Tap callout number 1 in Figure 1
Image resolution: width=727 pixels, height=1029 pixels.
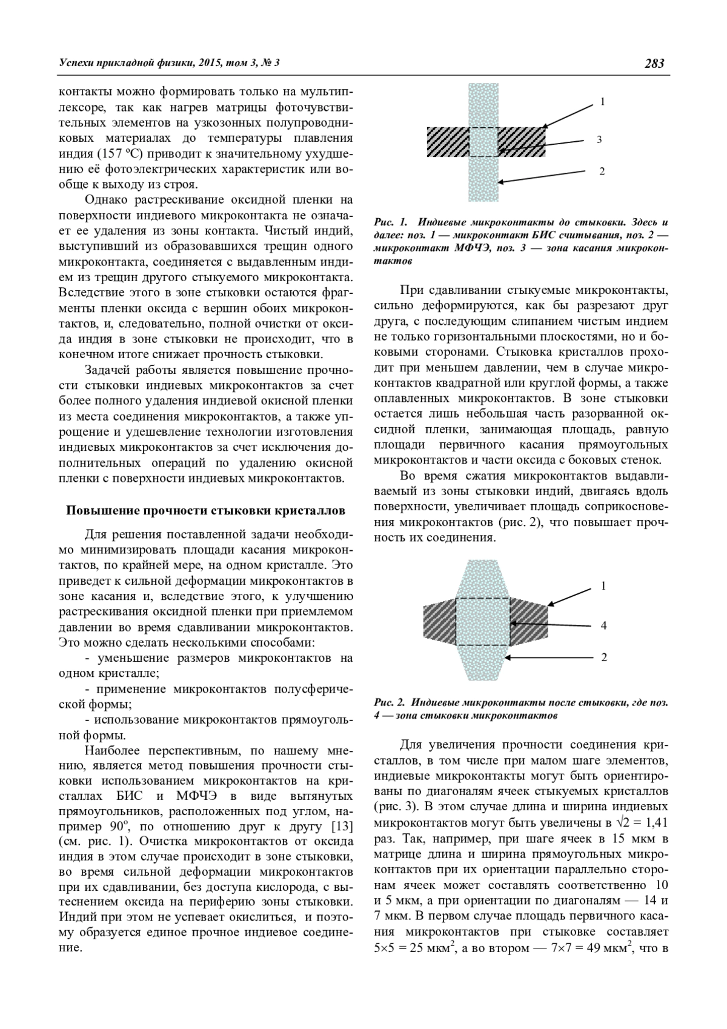602,102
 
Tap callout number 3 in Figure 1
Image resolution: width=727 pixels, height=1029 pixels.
599,140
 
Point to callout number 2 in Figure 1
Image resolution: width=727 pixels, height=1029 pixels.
602,171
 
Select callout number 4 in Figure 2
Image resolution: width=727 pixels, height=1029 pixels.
603,625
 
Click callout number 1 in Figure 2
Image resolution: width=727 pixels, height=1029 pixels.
603,586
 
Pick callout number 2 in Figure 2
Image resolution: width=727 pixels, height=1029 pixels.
603,657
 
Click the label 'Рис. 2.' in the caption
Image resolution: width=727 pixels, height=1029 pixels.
390,703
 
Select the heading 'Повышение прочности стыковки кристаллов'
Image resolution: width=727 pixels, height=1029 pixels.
205,510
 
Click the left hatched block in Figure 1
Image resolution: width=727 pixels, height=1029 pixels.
448,142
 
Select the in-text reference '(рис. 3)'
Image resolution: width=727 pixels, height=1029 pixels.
397,807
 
